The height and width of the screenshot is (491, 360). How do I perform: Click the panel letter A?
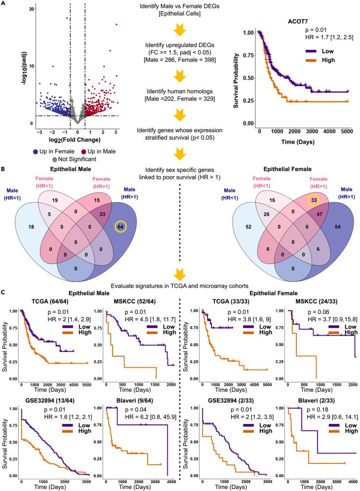(x=3, y=3)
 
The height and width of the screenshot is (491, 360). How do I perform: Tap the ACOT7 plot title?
(x=295, y=22)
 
